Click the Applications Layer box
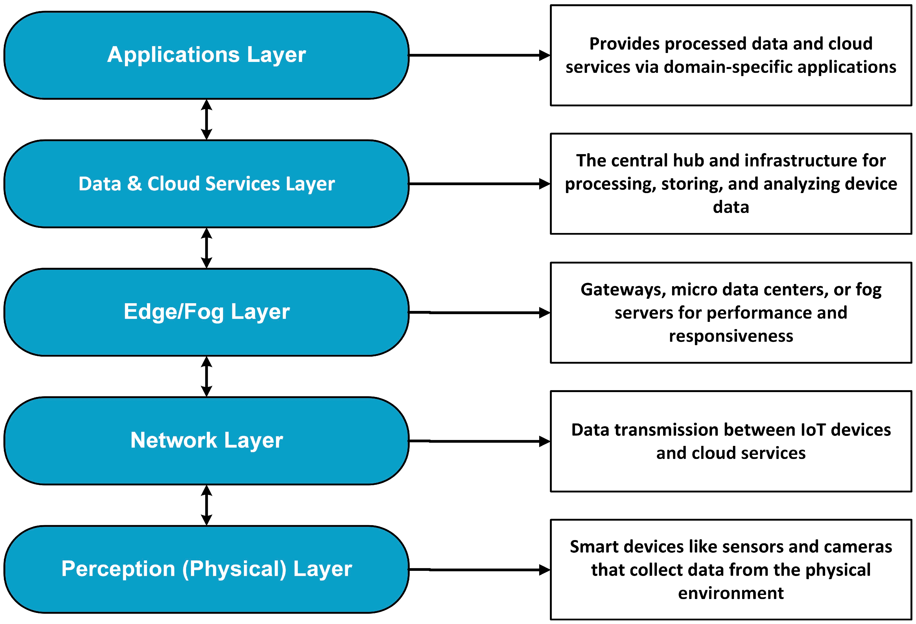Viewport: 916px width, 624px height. pyautogui.click(x=207, y=55)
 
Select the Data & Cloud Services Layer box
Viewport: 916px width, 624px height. pyautogui.click(x=207, y=184)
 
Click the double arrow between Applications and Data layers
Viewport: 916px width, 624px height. pyautogui.click(x=207, y=119)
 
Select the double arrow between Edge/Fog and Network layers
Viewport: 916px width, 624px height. pyautogui.click(x=207, y=377)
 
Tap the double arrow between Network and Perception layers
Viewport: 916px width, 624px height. pyautogui.click(x=207, y=505)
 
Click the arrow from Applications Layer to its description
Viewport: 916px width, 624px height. pyautogui.click(x=480, y=55)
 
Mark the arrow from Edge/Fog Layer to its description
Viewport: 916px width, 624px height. pyautogui.click(x=480, y=312)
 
